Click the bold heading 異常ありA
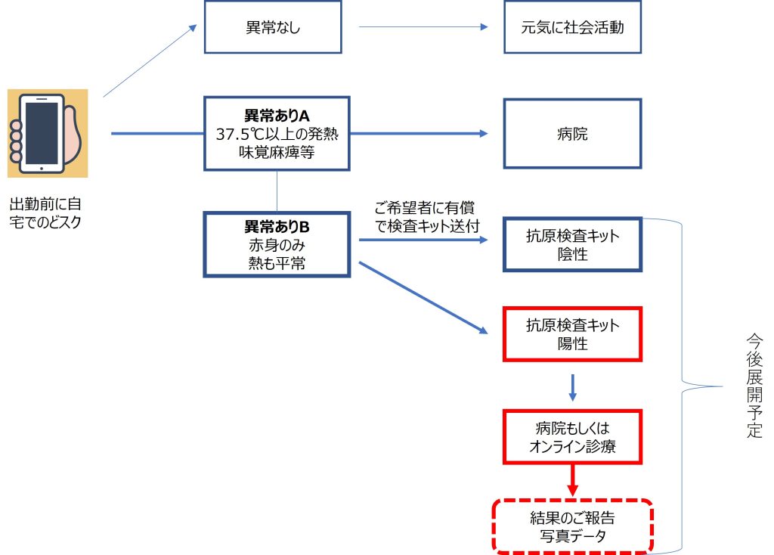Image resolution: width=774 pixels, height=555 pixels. [x=277, y=116]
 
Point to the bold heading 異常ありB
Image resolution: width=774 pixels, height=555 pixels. [x=277, y=227]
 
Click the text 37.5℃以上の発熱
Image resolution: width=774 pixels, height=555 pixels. [x=277, y=134]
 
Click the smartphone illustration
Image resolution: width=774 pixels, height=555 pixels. [x=48, y=133]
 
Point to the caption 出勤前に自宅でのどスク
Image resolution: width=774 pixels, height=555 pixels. [x=45, y=212]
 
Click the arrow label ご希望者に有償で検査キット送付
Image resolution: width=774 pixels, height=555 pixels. [x=427, y=217]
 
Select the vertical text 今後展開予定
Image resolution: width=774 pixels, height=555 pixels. [x=754, y=386]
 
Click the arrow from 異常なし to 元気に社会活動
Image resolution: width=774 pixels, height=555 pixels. [x=423, y=27]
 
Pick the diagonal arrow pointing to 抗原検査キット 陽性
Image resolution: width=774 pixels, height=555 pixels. [x=423, y=298]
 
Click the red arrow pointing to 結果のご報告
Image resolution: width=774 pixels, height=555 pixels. [x=573, y=480]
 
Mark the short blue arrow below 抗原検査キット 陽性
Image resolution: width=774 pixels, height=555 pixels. [x=573, y=388]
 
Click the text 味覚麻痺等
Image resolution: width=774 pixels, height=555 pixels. [x=277, y=152]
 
